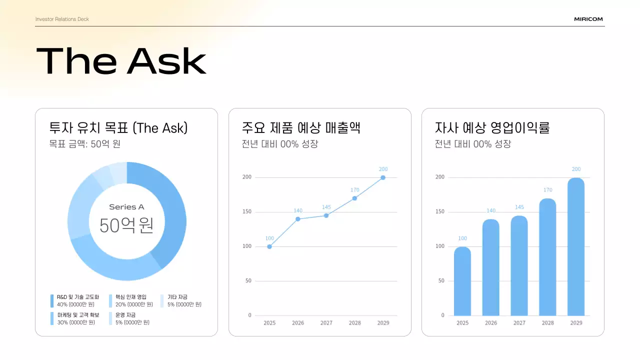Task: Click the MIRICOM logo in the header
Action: (588, 19)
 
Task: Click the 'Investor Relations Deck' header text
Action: (62, 19)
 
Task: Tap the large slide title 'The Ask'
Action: (121, 61)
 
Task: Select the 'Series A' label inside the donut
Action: (126, 207)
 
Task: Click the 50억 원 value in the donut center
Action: (126, 225)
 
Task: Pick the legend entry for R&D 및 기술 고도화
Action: (77, 300)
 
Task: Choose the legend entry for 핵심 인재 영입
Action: (131, 300)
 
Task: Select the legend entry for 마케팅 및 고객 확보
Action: (77, 318)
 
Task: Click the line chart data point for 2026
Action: (298, 219)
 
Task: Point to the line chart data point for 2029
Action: (383, 177)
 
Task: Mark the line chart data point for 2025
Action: (269, 246)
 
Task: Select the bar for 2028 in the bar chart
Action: (547, 257)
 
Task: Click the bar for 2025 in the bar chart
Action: (462, 281)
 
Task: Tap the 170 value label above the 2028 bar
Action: (547, 190)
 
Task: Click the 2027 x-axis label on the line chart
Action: (326, 323)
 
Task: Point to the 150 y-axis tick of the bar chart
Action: (439, 212)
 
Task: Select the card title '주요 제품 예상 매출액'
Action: (301, 128)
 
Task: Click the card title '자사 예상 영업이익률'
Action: (492, 128)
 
